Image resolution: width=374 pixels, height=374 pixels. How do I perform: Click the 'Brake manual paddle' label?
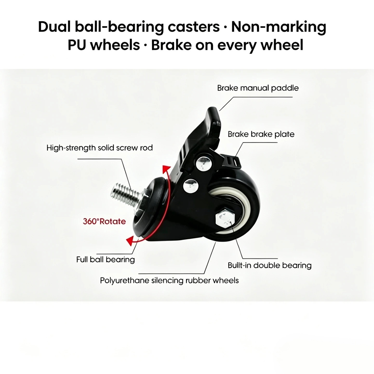point(258,88)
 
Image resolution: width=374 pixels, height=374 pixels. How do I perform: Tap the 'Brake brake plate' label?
point(261,134)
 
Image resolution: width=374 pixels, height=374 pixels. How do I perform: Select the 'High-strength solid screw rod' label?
point(99,148)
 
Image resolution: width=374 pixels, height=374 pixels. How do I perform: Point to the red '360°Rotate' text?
point(104,221)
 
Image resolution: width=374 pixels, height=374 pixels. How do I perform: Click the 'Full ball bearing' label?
point(106,260)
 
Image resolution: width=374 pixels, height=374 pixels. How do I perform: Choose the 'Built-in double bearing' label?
point(270,266)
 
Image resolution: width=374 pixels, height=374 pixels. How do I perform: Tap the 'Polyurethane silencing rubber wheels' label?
point(169,280)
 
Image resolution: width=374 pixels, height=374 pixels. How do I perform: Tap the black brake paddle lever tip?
point(213,114)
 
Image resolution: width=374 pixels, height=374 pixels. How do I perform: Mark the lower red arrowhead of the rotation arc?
point(131,241)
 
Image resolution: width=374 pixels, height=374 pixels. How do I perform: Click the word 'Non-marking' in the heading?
point(279,27)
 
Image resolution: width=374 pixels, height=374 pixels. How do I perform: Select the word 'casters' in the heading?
point(194,27)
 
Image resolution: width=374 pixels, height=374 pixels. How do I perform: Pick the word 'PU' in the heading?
point(77,45)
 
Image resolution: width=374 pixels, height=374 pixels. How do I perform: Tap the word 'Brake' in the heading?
point(171,45)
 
